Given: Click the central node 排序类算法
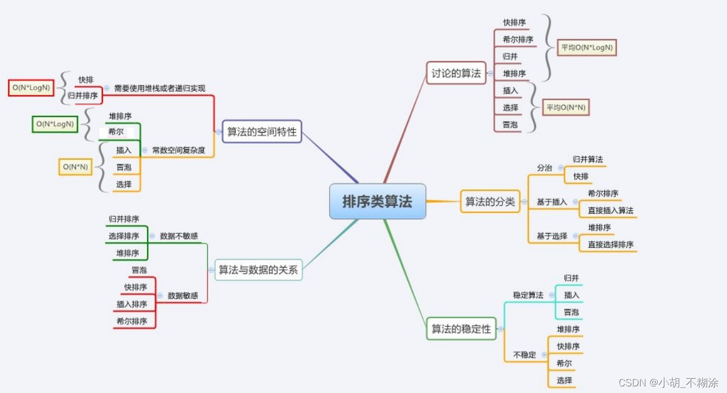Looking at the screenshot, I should tap(377, 201).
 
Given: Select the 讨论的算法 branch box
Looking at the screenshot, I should tap(456, 73).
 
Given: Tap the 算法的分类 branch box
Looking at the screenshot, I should tap(490, 201).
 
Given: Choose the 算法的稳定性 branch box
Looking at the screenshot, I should tap(461, 329).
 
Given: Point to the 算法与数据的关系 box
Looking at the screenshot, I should tap(258, 270).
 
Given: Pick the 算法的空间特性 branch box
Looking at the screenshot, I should tap(262, 132).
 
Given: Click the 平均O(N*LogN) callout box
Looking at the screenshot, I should tap(586, 48).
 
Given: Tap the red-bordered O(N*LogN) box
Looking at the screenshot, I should tap(31, 88).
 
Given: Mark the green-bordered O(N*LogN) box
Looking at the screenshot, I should tap(54, 124).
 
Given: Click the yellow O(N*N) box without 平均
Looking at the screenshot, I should tap(75, 167).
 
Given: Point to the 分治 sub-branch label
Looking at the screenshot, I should tap(544, 168).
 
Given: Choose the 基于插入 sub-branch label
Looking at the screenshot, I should tap(551, 202).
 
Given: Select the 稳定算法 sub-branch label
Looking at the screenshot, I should tap(528, 295).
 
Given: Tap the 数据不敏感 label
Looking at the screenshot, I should tap(179, 236).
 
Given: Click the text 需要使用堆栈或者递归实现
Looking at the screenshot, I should tap(160, 88).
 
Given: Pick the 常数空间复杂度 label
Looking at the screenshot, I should tap(179, 150).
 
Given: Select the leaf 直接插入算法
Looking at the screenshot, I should tap(610, 210).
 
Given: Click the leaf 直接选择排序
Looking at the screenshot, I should tap(610, 244).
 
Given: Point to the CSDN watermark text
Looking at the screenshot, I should tap(668, 382).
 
